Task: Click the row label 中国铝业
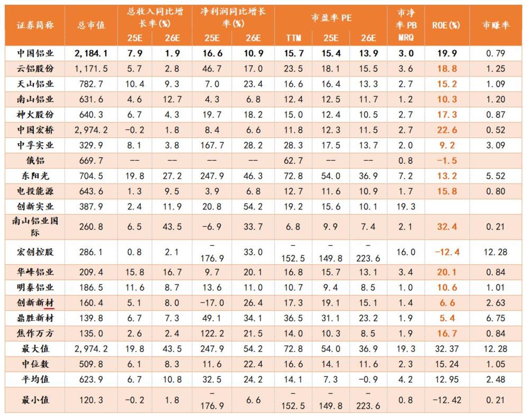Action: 35,53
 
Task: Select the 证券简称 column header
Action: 35,25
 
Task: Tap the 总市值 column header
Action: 91,25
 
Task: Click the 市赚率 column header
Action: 495,25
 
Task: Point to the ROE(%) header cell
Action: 446,25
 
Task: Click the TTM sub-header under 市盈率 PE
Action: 293,38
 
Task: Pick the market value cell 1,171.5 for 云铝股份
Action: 91,69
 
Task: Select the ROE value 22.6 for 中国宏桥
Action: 447,130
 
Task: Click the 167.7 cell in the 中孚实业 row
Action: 212,145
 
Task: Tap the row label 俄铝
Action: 35,161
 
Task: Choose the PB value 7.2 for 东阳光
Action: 406,176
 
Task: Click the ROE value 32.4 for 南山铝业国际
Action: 447,227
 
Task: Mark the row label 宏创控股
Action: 35,252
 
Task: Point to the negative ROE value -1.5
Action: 447,161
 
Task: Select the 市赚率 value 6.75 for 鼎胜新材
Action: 495,318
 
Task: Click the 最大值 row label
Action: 35,349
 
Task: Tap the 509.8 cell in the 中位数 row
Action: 91,364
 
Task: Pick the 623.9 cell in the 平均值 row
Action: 91,379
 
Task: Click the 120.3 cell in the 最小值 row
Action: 91,400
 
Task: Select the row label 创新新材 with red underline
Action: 35,303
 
